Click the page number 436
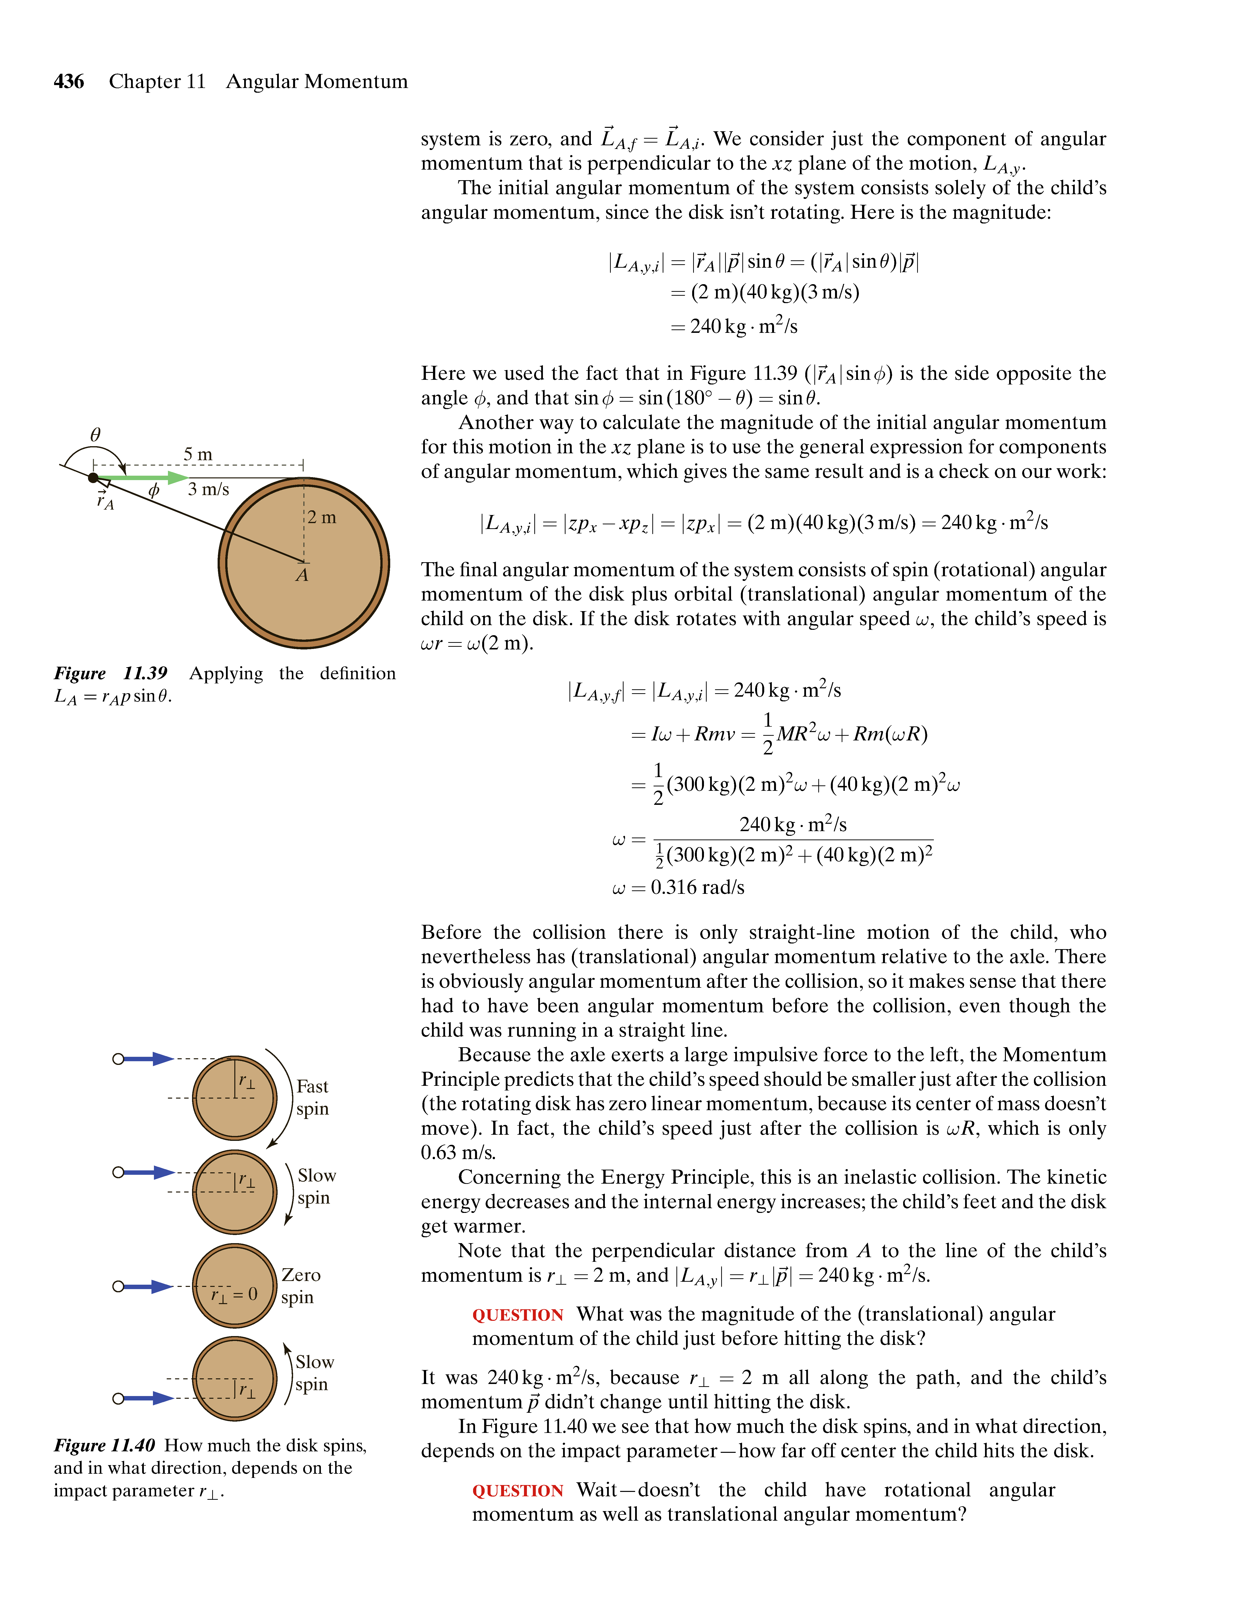coord(69,82)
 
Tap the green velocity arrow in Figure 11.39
coord(143,478)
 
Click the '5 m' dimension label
coord(198,455)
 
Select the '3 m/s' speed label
coord(209,489)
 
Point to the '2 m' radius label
coord(322,518)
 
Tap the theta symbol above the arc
coord(95,435)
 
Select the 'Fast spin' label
coord(312,1097)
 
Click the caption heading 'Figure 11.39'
coord(110,674)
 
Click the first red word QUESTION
coord(517,1315)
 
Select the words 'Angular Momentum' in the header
coord(317,82)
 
